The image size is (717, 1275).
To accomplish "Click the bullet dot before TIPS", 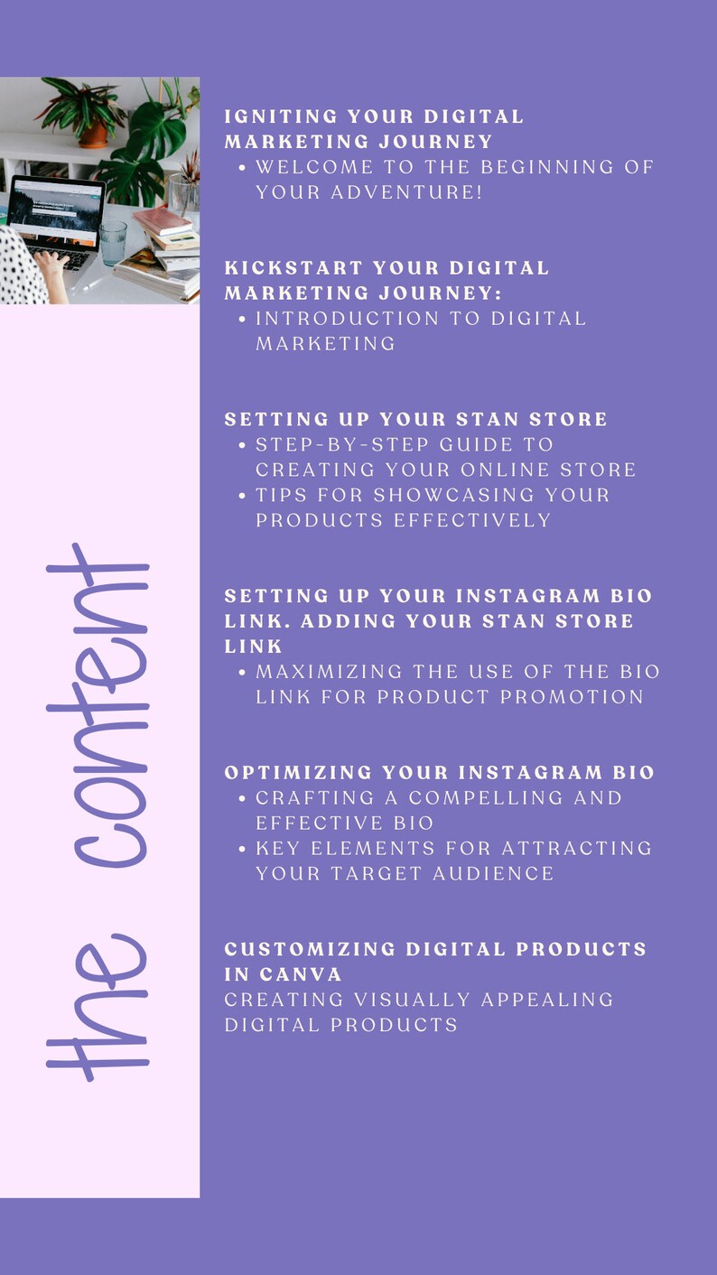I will click(243, 495).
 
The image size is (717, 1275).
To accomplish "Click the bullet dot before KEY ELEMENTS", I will click(243, 849).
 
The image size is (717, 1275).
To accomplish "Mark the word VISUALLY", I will click(414, 1000).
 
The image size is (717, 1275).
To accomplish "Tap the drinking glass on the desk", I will click(114, 242).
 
